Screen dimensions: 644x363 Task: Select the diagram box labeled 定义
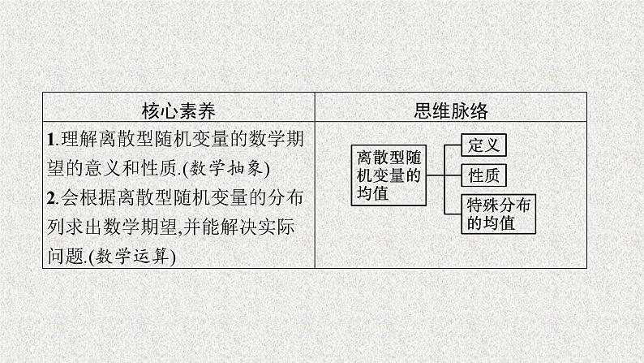click(483, 145)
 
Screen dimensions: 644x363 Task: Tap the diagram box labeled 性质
click(483, 175)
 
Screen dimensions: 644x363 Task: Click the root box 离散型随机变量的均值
click(389, 174)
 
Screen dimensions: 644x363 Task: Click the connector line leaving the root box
click(435, 174)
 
